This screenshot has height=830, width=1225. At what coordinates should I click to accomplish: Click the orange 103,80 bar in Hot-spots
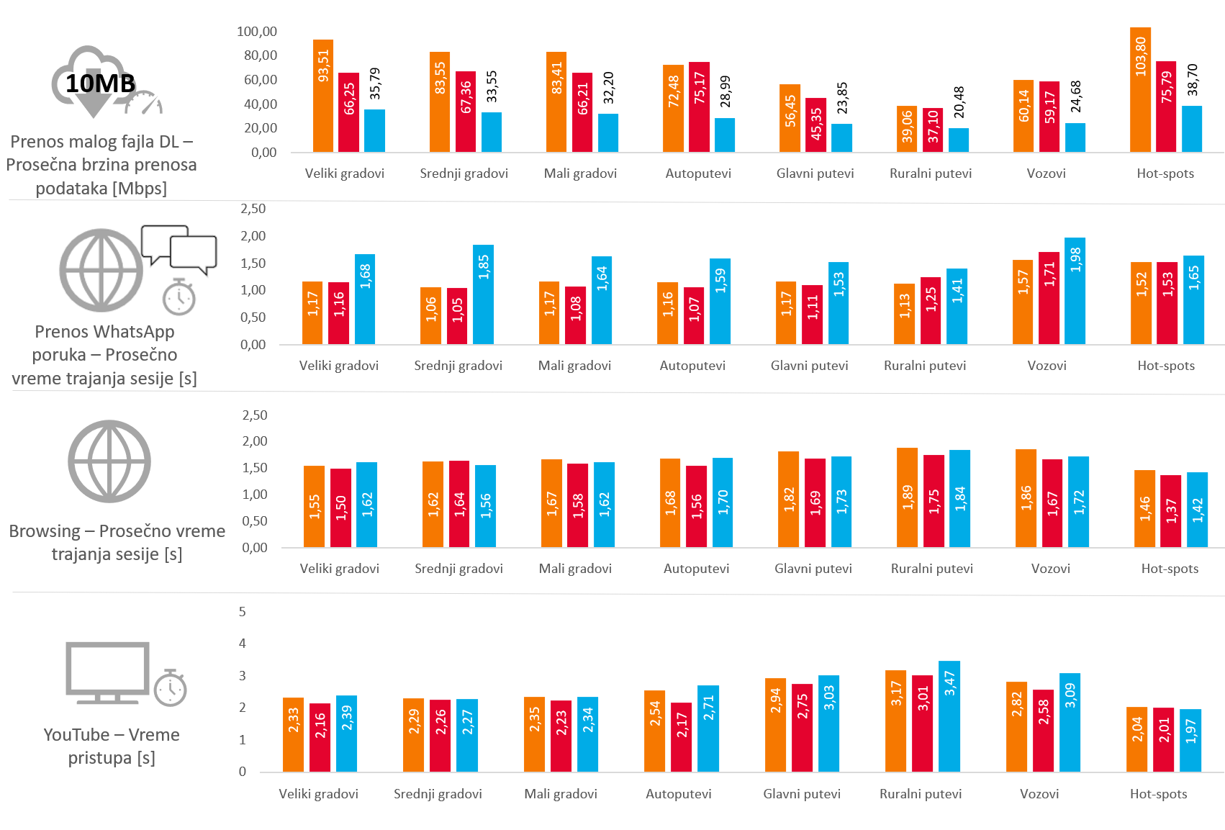pyautogui.click(x=1140, y=90)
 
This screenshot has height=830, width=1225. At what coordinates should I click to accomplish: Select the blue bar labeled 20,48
pyautogui.click(x=958, y=140)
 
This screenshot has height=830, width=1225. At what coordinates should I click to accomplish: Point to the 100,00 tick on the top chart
pyautogui.click(x=257, y=31)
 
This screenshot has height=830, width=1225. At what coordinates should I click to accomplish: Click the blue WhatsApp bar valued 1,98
pyautogui.click(x=1075, y=291)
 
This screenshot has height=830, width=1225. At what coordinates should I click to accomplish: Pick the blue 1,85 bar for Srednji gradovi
pyautogui.click(x=483, y=294)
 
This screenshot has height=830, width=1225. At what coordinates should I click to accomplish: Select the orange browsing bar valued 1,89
pyautogui.click(x=907, y=497)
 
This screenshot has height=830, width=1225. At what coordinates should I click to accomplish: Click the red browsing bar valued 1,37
pyautogui.click(x=1170, y=510)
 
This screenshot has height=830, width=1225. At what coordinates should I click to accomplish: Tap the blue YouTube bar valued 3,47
pyautogui.click(x=949, y=716)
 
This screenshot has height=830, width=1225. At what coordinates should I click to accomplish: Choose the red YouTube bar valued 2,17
pyautogui.click(x=682, y=737)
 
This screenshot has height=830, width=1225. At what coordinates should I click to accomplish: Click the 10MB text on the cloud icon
pyautogui.click(x=100, y=84)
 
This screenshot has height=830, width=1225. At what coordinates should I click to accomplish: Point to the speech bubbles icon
pyautogui.click(x=179, y=248)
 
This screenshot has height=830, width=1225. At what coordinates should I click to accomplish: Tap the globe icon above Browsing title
pyautogui.click(x=109, y=461)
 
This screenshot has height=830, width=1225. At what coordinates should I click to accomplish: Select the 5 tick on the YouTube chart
pyautogui.click(x=243, y=611)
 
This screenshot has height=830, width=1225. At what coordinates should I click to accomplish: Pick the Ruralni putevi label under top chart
pyautogui.click(x=930, y=173)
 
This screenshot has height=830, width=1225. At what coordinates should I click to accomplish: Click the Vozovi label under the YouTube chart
pyautogui.click(x=1039, y=793)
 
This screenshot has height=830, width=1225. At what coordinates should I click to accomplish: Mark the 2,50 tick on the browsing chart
pyautogui.click(x=255, y=415)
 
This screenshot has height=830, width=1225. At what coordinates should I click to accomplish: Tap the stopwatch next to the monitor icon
pyautogui.click(x=171, y=687)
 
